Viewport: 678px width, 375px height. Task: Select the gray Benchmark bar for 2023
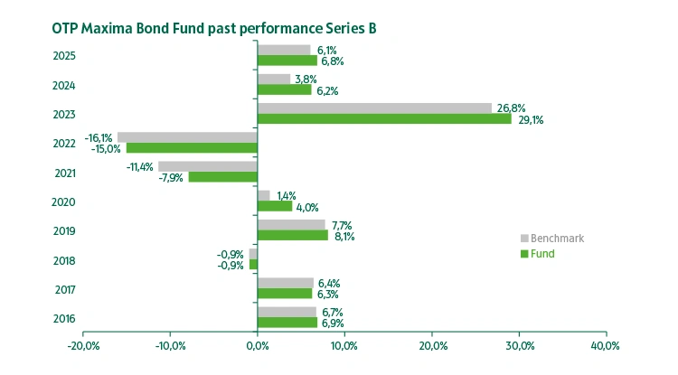[x=374, y=108]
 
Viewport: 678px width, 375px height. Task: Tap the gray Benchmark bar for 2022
[x=187, y=136]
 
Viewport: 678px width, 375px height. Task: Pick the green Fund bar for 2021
[x=222, y=177]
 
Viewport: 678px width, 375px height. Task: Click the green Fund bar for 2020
[x=275, y=206]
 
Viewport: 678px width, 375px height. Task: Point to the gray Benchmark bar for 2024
[x=274, y=79]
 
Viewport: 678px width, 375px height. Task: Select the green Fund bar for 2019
[x=293, y=235]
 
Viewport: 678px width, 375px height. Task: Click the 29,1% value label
[x=531, y=120]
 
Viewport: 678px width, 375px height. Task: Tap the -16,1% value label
[x=99, y=136]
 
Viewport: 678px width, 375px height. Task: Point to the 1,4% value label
[x=287, y=195]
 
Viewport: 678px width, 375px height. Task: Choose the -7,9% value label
[x=172, y=178]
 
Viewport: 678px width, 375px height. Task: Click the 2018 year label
[x=63, y=261]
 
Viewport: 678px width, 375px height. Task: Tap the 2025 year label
[x=63, y=56]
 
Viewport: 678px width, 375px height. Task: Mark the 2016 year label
[x=63, y=319]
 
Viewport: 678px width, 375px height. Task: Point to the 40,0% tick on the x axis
[x=605, y=346]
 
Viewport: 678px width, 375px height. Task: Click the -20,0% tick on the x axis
[x=83, y=346]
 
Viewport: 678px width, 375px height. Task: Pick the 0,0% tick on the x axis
[x=258, y=346]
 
